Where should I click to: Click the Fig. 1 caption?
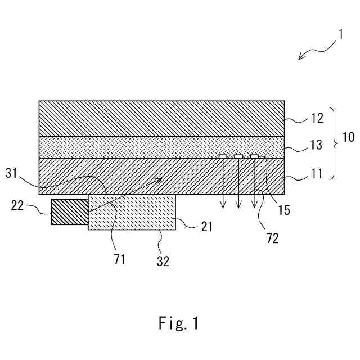[x=177, y=323]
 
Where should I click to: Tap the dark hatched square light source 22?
[x=70, y=212]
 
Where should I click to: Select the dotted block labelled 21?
[x=132, y=212]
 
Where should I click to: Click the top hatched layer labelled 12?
[x=161, y=118]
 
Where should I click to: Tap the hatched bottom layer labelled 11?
[x=129, y=175]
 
